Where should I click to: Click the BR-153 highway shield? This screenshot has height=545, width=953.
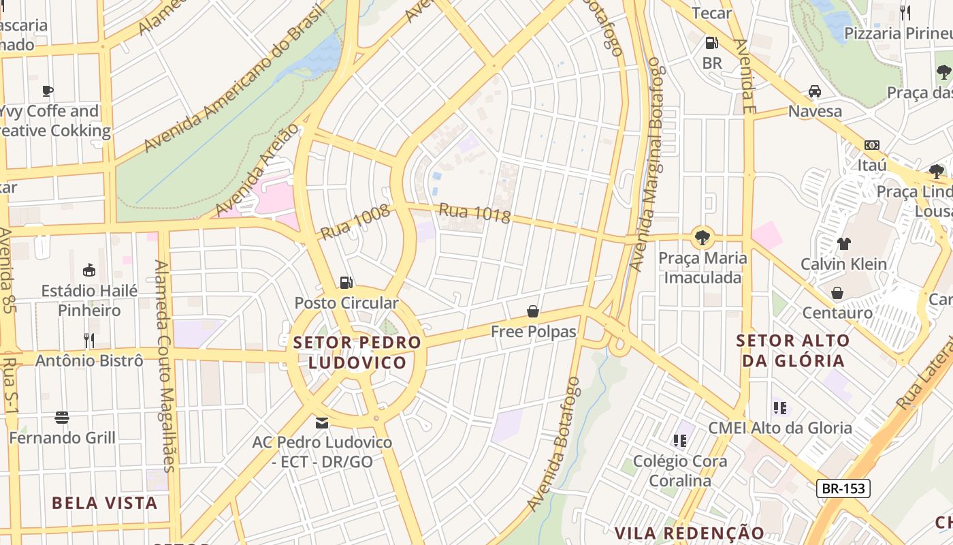click(843, 488)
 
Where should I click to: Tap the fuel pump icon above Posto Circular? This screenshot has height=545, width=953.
click(346, 282)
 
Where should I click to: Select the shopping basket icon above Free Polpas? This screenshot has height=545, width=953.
click(533, 311)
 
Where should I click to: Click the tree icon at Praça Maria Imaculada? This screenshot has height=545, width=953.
click(702, 238)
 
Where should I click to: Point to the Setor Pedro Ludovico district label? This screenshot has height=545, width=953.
click(357, 352)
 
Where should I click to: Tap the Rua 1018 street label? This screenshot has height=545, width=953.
click(474, 213)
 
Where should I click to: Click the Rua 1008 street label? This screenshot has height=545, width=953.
click(355, 222)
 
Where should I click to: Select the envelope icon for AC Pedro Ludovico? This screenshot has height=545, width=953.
click(322, 423)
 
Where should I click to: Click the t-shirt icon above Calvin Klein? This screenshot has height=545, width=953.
click(843, 244)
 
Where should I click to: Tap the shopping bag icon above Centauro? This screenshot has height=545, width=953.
click(837, 293)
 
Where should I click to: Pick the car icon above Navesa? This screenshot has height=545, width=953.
click(814, 91)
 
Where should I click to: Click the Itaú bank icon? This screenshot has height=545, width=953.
click(871, 145)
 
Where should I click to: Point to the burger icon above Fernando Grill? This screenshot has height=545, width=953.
click(62, 418)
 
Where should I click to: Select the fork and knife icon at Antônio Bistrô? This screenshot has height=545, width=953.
click(89, 340)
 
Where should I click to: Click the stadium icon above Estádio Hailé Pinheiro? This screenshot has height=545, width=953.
click(89, 270)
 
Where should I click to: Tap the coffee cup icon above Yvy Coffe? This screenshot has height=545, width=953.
click(47, 91)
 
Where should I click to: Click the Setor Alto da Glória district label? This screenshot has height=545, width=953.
click(794, 350)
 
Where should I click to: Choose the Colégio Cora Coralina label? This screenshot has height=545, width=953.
click(680, 471)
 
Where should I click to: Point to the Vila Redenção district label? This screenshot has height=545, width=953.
click(690, 532)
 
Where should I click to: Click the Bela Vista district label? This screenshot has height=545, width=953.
click(105, 503)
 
